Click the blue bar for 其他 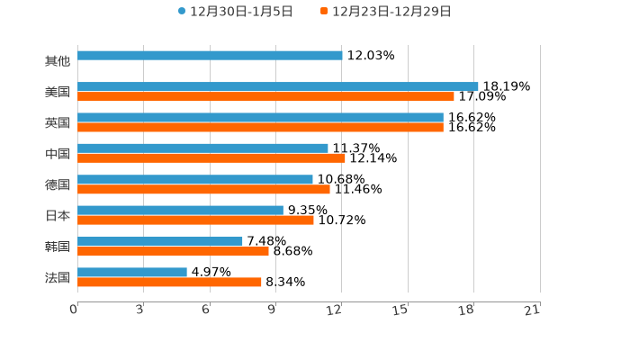210,56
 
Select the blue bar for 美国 277,86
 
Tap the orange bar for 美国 265,96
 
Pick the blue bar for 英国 260,117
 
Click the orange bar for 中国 211,158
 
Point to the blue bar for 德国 195,179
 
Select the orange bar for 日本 195,220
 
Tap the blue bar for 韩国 160,241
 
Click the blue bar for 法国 132,272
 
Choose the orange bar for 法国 169,282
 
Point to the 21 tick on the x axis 532,310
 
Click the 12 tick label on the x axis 334,310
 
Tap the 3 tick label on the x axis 139,310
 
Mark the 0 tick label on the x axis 74,310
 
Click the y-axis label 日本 58,215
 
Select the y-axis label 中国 58,154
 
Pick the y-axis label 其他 58,61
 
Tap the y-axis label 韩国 58,246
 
